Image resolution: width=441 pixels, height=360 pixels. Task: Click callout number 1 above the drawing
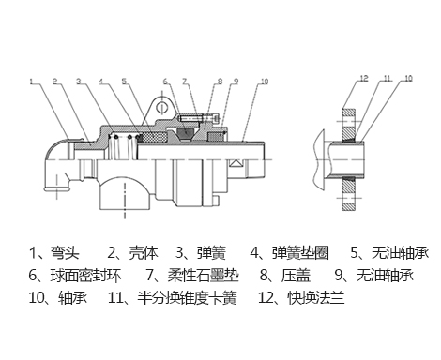pos(31,82)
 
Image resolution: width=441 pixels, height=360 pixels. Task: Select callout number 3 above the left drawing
pos(79,82)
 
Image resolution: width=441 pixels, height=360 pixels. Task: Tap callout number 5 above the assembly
pos(125,82)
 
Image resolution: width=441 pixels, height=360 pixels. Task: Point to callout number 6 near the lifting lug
pos(165,82)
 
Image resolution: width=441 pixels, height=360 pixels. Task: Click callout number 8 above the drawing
pos(220,82)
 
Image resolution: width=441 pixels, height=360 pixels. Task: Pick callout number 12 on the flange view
pos(364,78)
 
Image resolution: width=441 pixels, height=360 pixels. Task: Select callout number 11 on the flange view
pos(388,78)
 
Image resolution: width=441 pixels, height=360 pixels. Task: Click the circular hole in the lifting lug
pos(162,107)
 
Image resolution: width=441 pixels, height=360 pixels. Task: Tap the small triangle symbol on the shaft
pos(236,163)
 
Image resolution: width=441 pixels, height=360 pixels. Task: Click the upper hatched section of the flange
pos(349,124)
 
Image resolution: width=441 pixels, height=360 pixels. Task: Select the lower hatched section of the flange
pos(349,194)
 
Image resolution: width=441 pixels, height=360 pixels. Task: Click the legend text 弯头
pos(65,252)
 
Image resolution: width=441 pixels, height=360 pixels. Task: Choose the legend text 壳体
pos(144,252)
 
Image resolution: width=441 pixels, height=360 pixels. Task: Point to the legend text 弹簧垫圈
pos(300,252)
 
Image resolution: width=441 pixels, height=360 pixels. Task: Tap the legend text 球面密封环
pos(85,276)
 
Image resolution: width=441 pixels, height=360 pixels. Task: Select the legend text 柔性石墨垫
pos(204,276)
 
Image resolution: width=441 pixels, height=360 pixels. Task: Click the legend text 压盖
pos(296,276)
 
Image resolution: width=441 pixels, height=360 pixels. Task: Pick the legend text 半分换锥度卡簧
pos(187,297)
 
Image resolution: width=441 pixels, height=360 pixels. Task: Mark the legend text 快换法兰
pos(316,297)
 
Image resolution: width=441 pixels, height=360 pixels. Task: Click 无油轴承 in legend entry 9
pos(385,276)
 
